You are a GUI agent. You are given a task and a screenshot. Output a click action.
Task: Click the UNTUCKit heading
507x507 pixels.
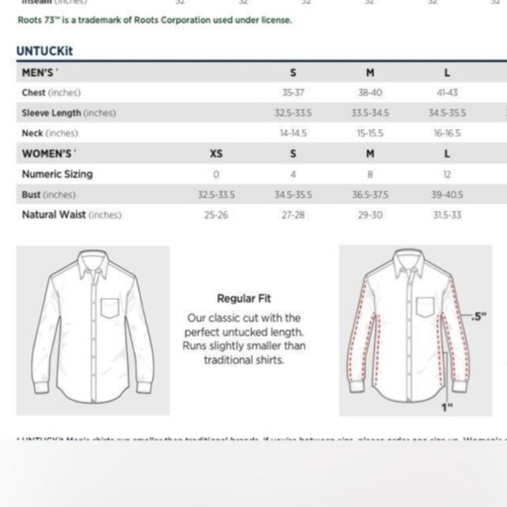pyautogui.click(x=45, y=51)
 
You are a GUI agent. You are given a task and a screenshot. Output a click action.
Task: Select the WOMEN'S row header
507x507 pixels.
pyautogui.click(x=46, y=154)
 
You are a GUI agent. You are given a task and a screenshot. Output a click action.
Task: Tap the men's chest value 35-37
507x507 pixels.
pyautogui.click(x=293, y=93)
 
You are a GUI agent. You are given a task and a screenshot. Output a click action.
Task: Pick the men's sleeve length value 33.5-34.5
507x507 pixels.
pyautogui.click(x=370, y=113)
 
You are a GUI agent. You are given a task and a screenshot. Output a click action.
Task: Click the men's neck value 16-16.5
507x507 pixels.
pyautogui.click(x=447, y=134)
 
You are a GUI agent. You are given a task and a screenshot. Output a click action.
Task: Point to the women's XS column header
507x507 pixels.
pyautogui.click(x=216, y=154)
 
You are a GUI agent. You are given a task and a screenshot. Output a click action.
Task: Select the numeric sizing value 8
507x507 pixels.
pyautogui.click(x=371, y=174)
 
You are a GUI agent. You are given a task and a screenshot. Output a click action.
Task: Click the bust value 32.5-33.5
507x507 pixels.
pyautogui.click(x=217, y=195)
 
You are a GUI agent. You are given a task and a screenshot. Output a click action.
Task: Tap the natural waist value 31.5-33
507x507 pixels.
pyautogui.click(x=447, y=215)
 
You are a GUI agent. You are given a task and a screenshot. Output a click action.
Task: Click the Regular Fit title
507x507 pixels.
pyautogui.click(x=244, y=299)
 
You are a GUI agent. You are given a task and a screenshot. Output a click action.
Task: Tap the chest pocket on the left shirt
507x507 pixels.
pyautogui.click(x=109, y=308)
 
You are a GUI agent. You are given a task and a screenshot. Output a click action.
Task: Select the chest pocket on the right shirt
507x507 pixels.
pyautogui.click(x=425, y=308)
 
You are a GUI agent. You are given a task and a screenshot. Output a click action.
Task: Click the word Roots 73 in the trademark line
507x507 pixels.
pyautogui.click(x=36, y=20)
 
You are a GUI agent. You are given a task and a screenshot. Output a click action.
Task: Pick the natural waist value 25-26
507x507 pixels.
pyautogui.click(x=216, y=215)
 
